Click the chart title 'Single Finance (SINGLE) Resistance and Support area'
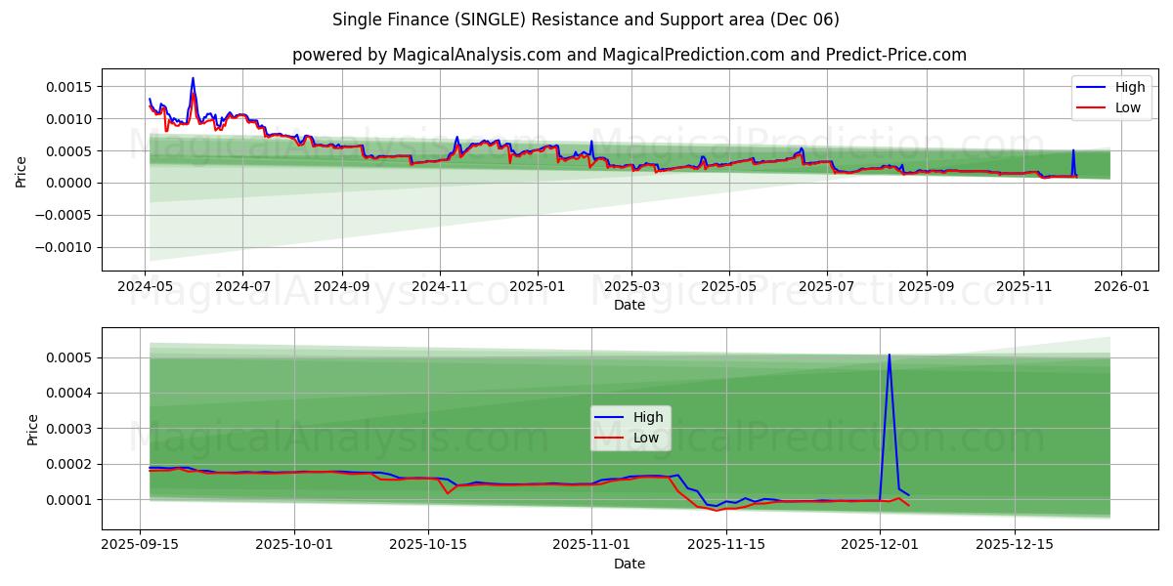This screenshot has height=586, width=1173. click(586, 20)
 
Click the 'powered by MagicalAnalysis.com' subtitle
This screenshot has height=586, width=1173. click(629, 55)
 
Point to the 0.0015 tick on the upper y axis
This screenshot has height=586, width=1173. click(69, 87)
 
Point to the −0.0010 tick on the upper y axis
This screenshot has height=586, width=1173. click(65, 247)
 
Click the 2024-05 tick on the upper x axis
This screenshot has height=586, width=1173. click(145, 288)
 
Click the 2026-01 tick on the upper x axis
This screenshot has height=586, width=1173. click(1120, 288)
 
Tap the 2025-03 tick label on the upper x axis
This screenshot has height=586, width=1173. click(630, 288)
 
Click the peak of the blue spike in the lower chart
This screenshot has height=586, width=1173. click(889, 355)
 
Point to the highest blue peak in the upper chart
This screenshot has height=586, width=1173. click(193, 78)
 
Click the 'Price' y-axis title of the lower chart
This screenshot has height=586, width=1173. click(33, 429)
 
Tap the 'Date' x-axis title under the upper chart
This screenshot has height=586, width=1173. click(629, 306)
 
